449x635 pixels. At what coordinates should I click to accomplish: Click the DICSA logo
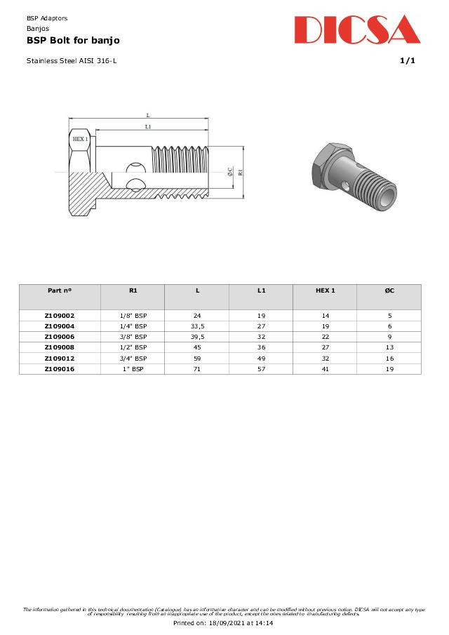(x=357, y=30)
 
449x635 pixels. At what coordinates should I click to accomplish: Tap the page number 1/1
(x=407, y=60)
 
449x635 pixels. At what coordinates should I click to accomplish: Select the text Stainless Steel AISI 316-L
(x=72, y=60)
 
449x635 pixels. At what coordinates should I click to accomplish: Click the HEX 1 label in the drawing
(x=80, y=139)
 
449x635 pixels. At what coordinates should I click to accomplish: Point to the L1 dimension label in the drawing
(x=148, y=126)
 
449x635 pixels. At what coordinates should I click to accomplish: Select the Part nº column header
(x=60, y=290)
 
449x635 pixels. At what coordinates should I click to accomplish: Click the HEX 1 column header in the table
(x=325, y=290)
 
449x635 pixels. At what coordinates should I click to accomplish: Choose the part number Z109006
(x=60, y=337)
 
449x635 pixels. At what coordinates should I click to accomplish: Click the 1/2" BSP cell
(x=133, y=347)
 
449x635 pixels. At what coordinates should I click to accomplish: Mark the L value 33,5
(x=197, y=326)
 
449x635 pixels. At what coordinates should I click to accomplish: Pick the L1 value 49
(x=261, y=358)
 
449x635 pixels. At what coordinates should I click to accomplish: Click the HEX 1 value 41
(x=325, y=368)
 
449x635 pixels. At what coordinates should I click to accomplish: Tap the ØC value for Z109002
(x=389, y=316)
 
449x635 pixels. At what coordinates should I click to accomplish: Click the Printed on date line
(x=223, y=622)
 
